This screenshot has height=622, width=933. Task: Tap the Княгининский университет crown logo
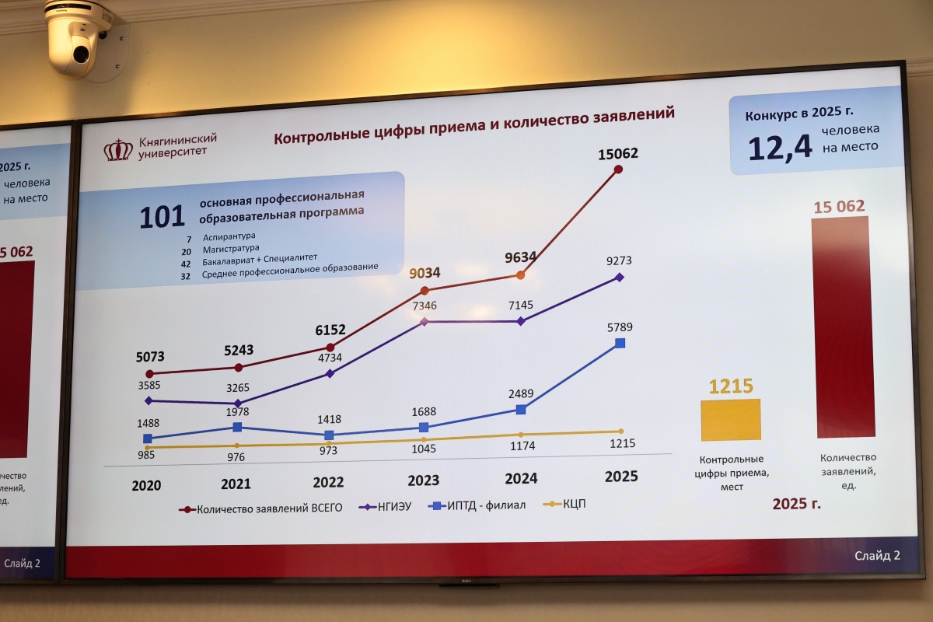(x=117, y=149)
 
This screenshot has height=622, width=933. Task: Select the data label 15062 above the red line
(x=618, y=154)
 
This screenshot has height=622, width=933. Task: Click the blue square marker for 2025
(x=620, y=343)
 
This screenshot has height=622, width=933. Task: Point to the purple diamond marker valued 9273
(x=619, y=277)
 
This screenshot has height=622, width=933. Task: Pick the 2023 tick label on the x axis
(x=423, y=480)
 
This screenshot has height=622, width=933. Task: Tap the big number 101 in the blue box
(x=162, y=218)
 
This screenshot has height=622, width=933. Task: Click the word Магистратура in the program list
(x=231, y=248)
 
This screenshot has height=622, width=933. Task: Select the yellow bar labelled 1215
(x=731, y=420)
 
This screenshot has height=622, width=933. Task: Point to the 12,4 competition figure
(x=779, y=147)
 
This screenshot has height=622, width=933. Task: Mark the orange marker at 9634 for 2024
(x=520, y=274)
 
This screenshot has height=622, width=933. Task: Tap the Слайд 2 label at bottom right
(x=877, y=555)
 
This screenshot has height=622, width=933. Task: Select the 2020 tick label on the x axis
(x=146, y=486)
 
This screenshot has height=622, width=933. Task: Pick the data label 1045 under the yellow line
(x=424, y=449)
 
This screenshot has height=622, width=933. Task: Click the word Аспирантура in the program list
(x=229, y=236)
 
